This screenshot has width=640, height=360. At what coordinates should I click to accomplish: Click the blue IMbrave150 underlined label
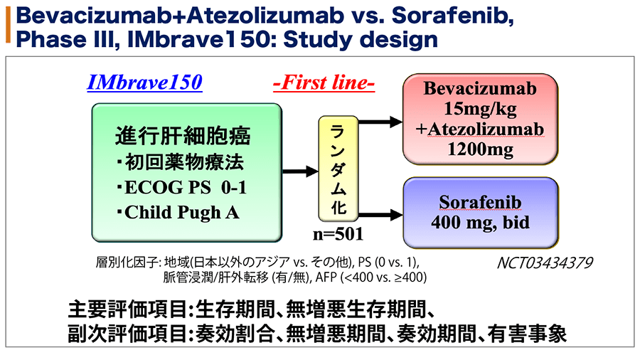[144, 83]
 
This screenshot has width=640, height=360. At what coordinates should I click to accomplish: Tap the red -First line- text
[324, 83]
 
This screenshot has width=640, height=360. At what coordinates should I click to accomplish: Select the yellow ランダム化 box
[338, 169]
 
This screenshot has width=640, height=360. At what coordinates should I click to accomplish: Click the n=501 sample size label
[338, 234]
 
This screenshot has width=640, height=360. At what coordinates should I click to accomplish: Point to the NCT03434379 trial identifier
[545, 263]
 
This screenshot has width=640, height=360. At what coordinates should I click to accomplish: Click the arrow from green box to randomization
[300, 171]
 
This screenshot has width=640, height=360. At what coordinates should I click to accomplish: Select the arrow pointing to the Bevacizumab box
[380, 122]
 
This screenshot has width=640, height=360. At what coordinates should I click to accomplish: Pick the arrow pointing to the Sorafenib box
[380, 215]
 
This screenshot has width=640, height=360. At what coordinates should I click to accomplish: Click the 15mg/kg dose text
[480, 110]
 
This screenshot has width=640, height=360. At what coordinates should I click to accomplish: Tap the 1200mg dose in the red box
[481, 149]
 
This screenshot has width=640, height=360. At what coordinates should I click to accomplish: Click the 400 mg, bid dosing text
[481, 223]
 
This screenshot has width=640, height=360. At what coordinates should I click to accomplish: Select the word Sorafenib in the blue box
[480, 203]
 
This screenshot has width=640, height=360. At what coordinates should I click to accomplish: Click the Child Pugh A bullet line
[178, 213]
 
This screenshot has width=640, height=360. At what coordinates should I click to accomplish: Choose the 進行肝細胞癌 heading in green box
[183, 136]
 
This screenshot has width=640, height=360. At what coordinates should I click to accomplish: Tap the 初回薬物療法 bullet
[180, 162]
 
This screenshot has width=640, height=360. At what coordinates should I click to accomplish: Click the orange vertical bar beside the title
[8, 25]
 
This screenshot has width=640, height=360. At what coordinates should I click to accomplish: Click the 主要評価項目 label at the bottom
[127, 309]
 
